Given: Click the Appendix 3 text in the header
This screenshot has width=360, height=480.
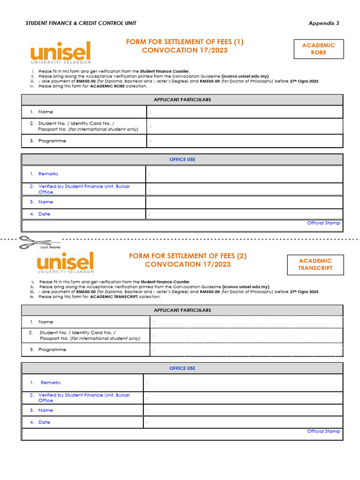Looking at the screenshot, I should (x=323, y=23).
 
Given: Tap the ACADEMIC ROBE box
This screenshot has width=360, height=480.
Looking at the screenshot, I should (x=318, y=49).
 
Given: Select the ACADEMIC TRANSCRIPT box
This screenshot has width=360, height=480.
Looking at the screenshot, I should (x=315, y=264).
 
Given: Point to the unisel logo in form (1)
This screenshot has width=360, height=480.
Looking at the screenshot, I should (x=60, y=52).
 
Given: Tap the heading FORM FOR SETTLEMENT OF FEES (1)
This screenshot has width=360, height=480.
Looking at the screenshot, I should (x=185, y=42).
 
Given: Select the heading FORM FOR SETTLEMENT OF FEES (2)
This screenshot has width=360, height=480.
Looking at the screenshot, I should (x=187, y=256).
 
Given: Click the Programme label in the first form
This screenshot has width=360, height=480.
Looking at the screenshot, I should (x=52, y=141).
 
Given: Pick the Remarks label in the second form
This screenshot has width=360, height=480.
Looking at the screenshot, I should (x=50, y=382).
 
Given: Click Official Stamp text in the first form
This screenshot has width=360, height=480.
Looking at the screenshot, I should (x=323, y=223).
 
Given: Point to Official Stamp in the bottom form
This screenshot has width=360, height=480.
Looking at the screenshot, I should (x=323, y=431).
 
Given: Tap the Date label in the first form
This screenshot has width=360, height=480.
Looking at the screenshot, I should (x=44, y=214).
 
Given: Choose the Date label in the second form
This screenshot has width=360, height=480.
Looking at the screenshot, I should (x=44, y=422).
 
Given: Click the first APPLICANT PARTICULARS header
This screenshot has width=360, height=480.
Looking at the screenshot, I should (x=182, y=100).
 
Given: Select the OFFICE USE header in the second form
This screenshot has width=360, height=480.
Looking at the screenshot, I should (x=182, y=368).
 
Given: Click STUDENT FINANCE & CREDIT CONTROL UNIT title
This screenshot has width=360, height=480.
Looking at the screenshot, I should (x=81, y=23).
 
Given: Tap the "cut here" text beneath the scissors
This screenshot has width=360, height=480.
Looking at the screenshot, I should (x=50, y=247).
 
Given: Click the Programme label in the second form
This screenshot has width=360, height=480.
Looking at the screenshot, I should (x=52, y=350).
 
